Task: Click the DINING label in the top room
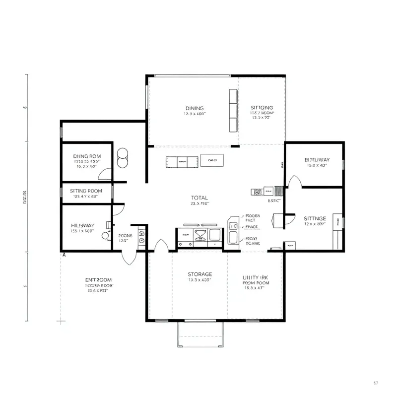pos(195,108)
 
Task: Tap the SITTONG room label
pos(262,107)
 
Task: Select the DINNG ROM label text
pos(87,156)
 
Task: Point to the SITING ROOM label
pos(86,191)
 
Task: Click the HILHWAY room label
pos(83,225)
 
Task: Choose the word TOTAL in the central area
pos(199,198)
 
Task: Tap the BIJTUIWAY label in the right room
pos(317,160)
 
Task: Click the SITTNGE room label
pos(315,218)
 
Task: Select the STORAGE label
pos(200,274)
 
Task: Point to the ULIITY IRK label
pos(256,277)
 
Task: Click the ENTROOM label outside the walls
pos(99,279)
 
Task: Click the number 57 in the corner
pos(376,383)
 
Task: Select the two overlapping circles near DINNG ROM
pos(122,158)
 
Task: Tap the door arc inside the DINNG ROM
pos(105,173)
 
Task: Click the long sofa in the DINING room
pos(233,111)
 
